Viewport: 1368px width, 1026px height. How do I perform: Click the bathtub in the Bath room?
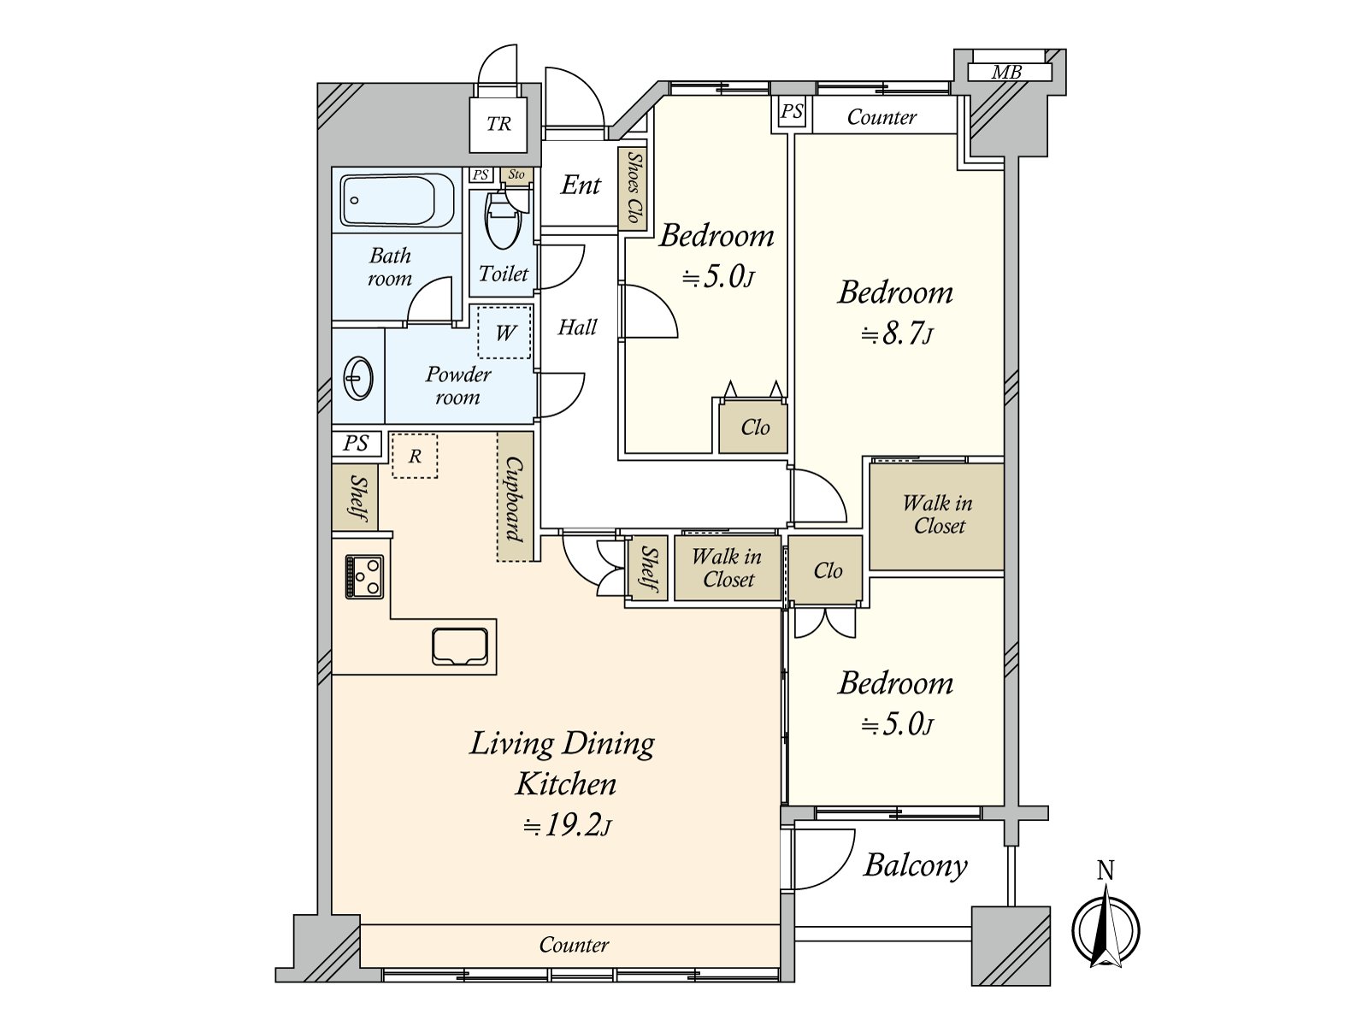tap(397, 201)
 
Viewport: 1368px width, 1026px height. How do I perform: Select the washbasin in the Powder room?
tap(357, 378)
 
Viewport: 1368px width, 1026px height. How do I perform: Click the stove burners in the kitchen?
tap(364, 577)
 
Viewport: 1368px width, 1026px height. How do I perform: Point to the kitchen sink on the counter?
tap(460, 646)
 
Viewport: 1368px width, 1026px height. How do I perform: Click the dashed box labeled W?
tap(504, 332)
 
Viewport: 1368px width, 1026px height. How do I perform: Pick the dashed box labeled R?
tap(415, 456)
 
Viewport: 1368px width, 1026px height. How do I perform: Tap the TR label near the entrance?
tap(498, 124)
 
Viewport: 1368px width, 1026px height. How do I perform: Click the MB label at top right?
tap(1006, 73)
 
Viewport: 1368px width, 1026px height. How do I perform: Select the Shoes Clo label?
tap(634, 187)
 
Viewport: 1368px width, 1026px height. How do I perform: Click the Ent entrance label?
tap(581, 185)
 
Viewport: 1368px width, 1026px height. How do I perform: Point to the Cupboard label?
tap(514, 499)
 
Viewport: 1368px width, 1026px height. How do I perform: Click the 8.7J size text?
tap(897, 334)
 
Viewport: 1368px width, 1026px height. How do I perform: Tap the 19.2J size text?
tap(567, 826)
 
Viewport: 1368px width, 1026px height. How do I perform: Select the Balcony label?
tap(915, 866)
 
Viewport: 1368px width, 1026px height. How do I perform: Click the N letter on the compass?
tap(1106, 870)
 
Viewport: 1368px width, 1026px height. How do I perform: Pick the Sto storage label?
tap(516, 174)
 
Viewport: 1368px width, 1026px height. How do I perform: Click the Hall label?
tap(577, 327)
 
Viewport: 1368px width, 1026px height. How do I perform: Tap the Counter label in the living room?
tap(574, 945)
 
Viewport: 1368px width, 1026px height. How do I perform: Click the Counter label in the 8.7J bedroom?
tap(882, 117)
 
